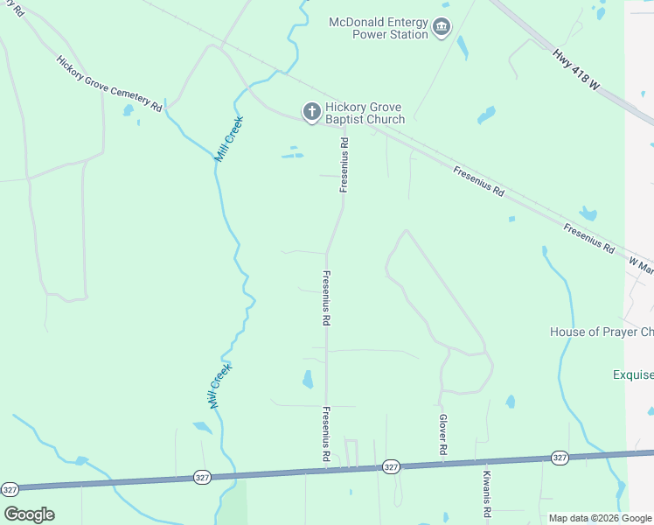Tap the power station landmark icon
[442, 28]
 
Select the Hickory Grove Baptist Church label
[365, 113]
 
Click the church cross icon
[310, 112]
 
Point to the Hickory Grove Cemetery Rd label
[109, 84]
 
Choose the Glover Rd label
[443, 434]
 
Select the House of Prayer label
[601, 332]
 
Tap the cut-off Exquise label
[632, 374]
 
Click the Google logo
[29, 514]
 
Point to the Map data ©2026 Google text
[600, 518]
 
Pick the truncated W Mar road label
[641, 265]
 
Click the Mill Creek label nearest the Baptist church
[230, 138]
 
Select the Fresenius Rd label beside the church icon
[345, 165]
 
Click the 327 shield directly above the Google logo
[10, 488]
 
